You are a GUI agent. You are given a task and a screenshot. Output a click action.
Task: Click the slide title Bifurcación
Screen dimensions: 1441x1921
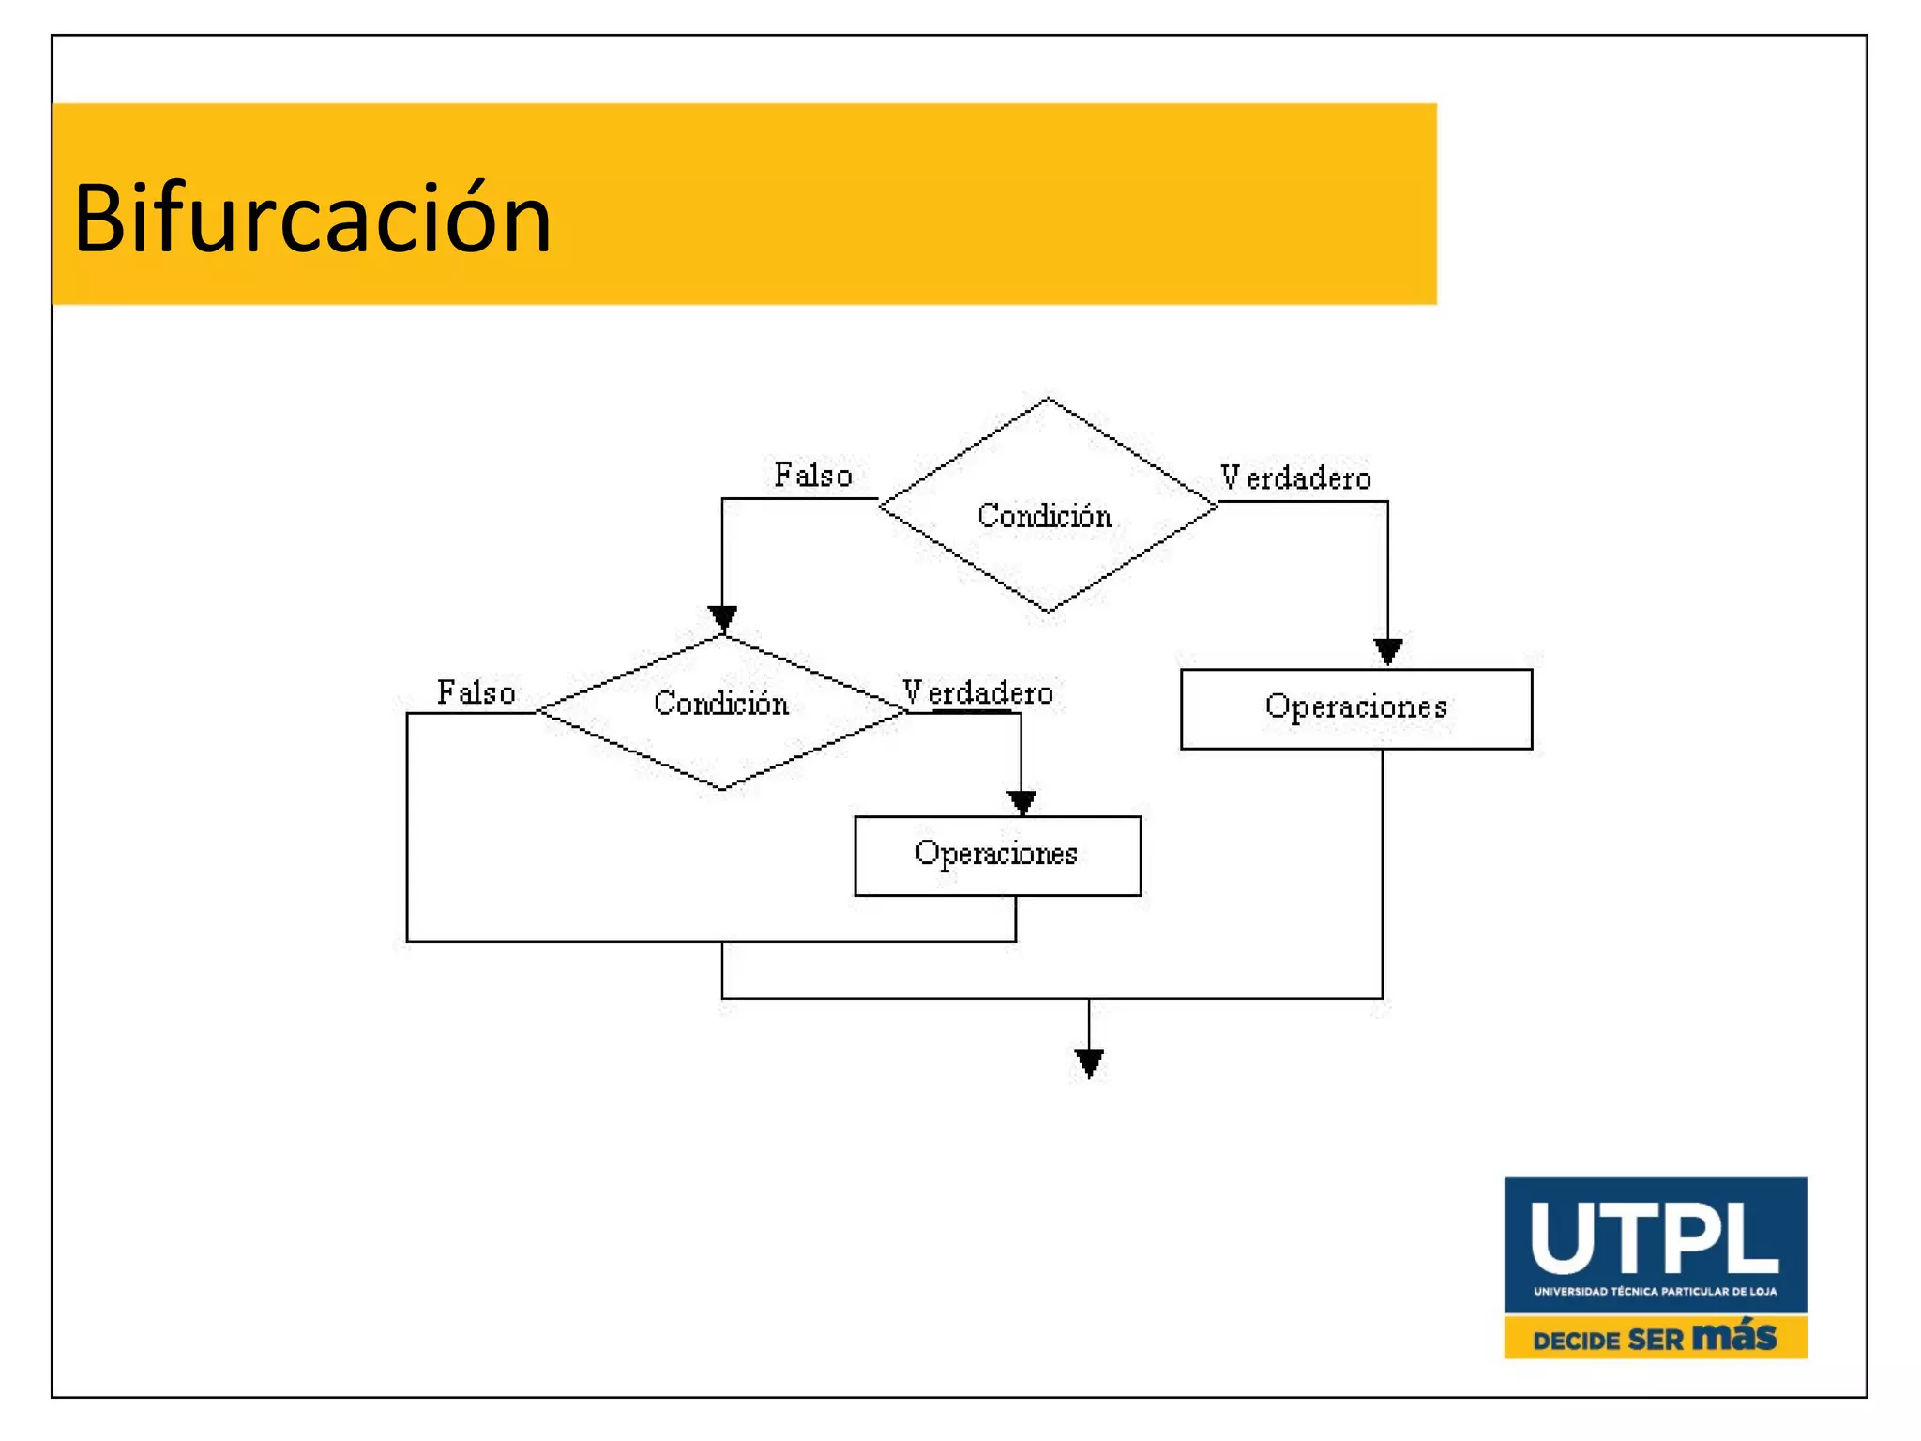(312, 219)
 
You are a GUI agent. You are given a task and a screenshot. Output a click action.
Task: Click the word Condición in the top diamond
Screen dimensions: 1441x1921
(1044, 515)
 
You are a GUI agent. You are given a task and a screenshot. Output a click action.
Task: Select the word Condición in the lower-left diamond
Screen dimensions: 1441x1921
(720, 703)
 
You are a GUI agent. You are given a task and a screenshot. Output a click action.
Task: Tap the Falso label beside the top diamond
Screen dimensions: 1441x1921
(812, 475)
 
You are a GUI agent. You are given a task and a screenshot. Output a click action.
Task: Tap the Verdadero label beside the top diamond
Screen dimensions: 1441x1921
(1295, 478)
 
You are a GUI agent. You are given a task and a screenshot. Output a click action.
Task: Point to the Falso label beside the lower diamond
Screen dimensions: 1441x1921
(476, 692)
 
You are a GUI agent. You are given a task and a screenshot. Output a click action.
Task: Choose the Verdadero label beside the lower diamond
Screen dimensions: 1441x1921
(977, 692)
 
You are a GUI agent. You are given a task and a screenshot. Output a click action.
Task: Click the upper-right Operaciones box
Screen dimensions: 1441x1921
(1355, 708)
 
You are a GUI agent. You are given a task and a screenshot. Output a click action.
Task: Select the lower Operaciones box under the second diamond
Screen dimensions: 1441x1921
(997, 855)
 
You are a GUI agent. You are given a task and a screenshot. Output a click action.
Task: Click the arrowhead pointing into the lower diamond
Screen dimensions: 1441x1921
(722, 618)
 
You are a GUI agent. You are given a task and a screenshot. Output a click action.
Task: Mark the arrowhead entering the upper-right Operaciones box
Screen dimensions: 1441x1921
(1387, 650)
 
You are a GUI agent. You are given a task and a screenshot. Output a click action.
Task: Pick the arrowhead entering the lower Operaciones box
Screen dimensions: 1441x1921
(1021, 802)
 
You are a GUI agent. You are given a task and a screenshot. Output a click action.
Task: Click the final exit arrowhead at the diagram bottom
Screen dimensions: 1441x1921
(1088, 1063)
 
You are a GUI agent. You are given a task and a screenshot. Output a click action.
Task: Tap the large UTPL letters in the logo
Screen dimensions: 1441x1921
(1654, 1238)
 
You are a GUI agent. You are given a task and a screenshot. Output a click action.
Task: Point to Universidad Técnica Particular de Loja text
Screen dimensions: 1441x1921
(1655, 1291)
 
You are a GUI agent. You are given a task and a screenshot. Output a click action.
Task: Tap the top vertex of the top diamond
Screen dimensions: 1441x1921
(1048, 399)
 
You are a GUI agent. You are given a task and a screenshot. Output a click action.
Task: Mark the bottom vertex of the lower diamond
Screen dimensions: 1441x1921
(721, 789)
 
